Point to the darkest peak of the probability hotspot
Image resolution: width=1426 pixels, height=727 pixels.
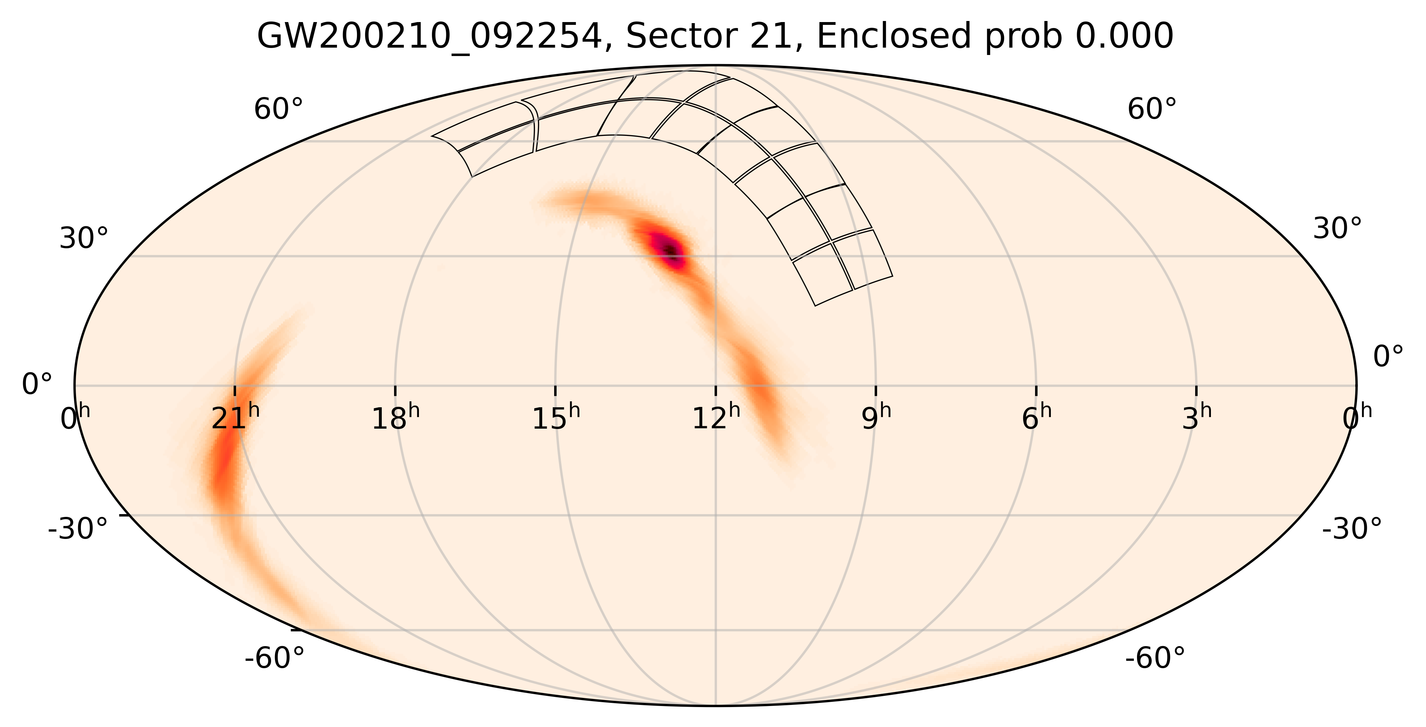point(670,251)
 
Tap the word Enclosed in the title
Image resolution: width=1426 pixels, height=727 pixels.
point(894,37)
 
